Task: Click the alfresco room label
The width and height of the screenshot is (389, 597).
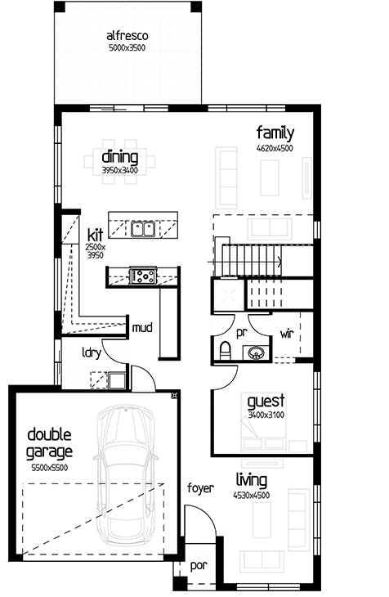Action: coord(127,36)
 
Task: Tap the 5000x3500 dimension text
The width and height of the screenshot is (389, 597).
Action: coord(127,48)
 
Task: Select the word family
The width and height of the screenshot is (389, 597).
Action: coord(275,133)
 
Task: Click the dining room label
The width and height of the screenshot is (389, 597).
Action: coord(120,157)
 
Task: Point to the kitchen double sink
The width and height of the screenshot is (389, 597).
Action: coord(142,229)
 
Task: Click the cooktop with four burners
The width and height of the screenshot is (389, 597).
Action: coord(143,276)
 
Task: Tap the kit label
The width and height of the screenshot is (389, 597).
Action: coord(95,235)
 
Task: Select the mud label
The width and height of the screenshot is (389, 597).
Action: coord(142,327)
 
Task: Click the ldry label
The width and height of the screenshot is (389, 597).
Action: coord(92,353)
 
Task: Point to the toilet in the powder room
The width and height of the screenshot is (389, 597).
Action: coord(226,349)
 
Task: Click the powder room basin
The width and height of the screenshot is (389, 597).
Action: coord(257,352)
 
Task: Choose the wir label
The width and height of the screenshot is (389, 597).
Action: coord(287,334)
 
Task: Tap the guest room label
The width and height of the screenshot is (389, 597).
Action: coord(266,402)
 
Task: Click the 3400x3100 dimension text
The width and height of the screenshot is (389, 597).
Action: coord(266,415)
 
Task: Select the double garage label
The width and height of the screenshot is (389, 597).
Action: coord(50,442)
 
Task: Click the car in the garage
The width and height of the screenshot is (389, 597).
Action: coord(126,476)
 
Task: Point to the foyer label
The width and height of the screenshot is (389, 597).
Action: coord(200,487)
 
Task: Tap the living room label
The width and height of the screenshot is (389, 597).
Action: coord(252,481)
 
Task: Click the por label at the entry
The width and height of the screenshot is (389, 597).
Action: coord(199,566)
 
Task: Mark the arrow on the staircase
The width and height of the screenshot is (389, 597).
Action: coord(244,263)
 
